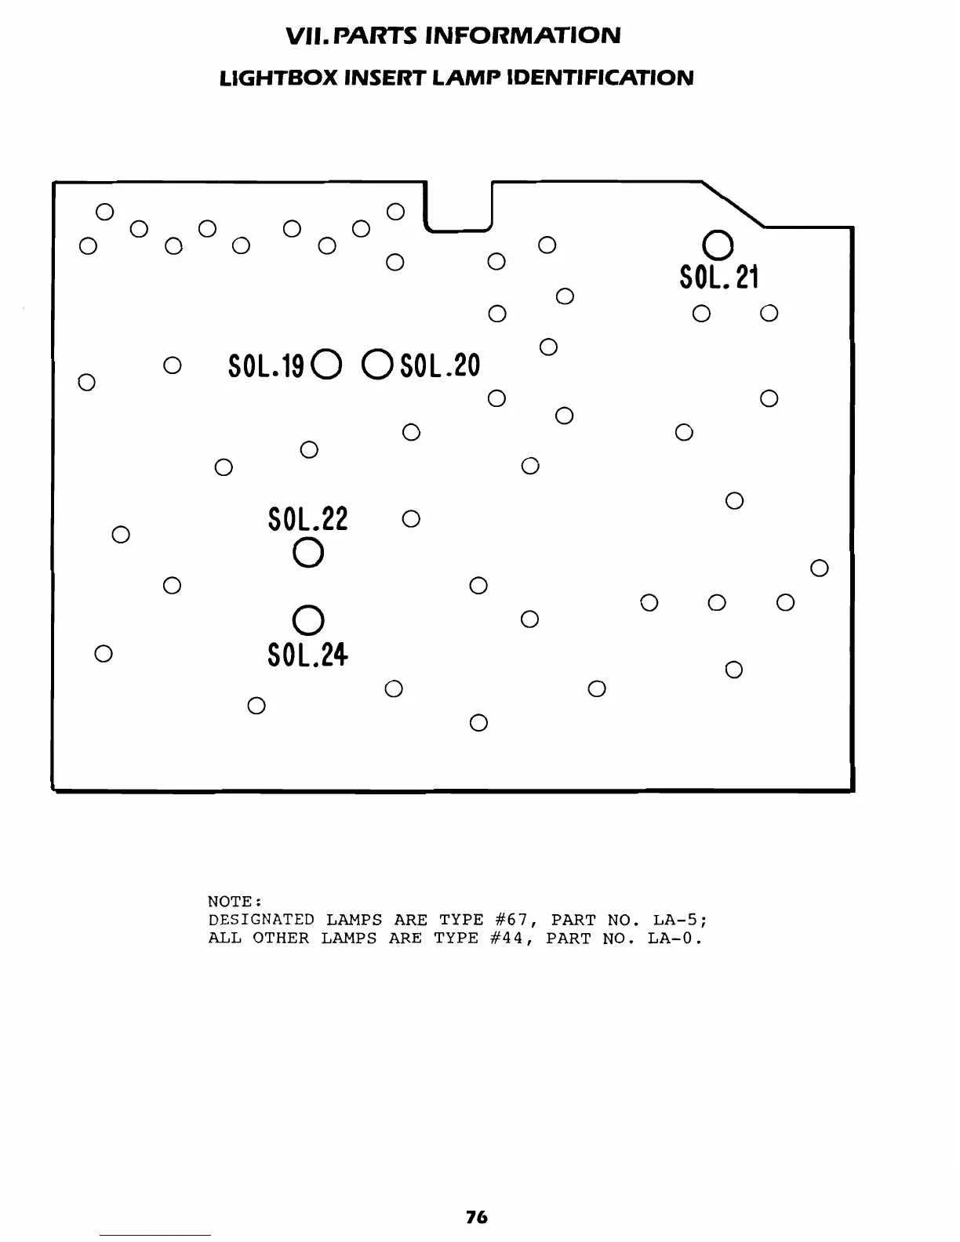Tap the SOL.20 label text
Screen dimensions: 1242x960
(x=440, y=365)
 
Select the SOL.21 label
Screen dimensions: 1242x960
(x=719, y=277)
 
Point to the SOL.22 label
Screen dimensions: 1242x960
(x=307, y=518)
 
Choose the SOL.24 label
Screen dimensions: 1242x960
(x=307, y=654)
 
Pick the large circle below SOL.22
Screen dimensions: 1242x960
(x=307, y=553)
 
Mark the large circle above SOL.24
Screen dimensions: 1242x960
(x=307, y=619)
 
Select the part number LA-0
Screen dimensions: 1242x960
(x=672, y=939)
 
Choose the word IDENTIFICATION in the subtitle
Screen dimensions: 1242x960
(x=600, y=78)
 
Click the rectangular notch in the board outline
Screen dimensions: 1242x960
(x=457, y=206)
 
